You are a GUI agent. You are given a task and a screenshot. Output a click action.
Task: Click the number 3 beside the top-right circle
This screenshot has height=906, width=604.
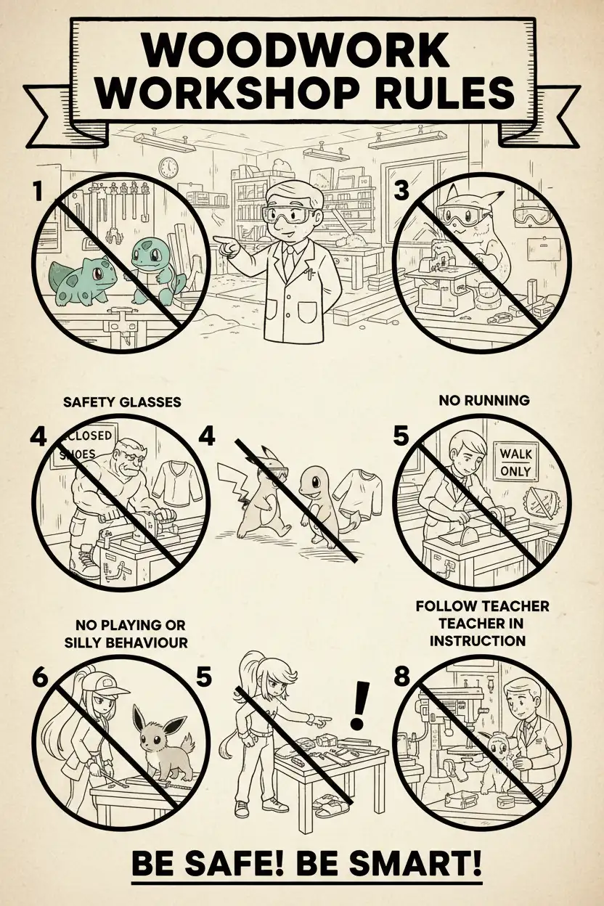coord(401,191)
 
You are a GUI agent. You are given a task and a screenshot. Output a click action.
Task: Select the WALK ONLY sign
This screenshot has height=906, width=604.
coord(515,462)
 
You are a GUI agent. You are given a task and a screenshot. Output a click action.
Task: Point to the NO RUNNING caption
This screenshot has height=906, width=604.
coord(484,401)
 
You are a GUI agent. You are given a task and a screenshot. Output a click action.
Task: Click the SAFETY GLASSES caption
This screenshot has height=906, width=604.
coord(122,402)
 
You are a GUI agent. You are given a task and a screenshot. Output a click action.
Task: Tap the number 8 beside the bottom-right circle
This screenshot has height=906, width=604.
coord(401,677)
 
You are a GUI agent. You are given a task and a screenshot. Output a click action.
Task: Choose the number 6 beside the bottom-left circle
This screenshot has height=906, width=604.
coord(40,678)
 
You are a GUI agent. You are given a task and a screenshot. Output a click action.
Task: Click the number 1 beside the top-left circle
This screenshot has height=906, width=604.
coord(38,192)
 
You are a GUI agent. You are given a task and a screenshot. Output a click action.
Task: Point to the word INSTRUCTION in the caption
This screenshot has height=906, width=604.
coord(478,641)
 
